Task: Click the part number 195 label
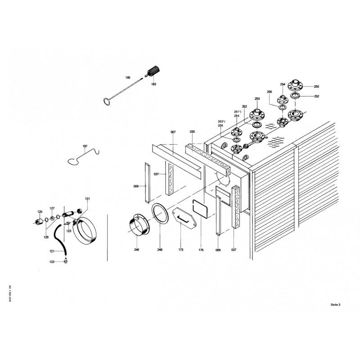[127, 78]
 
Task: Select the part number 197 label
[85, 147]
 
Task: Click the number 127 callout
[52, 208]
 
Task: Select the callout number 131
[87, 198]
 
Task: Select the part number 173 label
[180, 249]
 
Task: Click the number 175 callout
[201, 249]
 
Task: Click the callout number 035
[192, 132]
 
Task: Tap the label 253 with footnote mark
[221, 121]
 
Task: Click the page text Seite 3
[335, 305]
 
